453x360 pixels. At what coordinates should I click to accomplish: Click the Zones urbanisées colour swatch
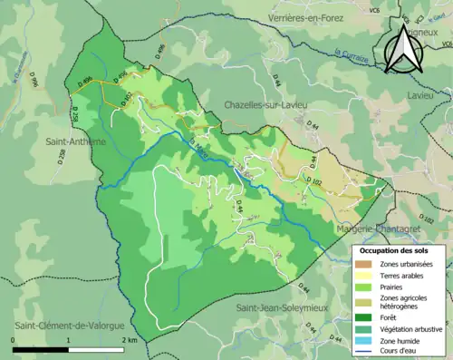pyautogui.click(x=366, y=263)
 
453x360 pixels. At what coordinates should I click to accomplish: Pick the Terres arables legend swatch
pyautogui.click(x=366, y=275)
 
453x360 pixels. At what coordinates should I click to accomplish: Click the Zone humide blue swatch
pyautogui.click(x=366, y=338)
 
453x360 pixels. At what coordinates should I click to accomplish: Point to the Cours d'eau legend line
pyautogui.click(x=366, y=350)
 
